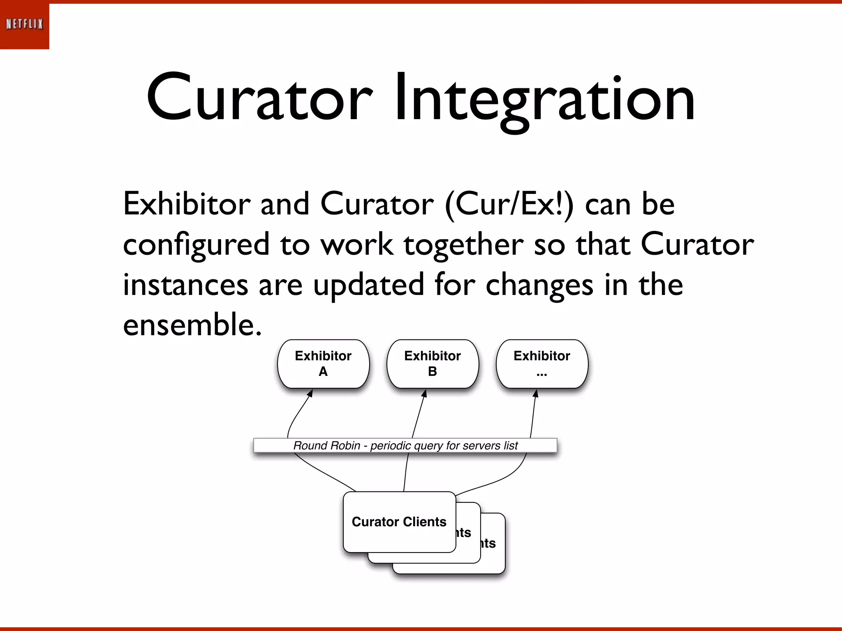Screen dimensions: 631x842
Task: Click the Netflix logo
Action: [24, 25]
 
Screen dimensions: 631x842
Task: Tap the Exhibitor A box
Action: [323, 364]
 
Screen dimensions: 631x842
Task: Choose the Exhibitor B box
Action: [433, 364]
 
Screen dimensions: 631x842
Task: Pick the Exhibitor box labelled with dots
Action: [542, 364]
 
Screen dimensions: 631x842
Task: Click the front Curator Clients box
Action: [399, 522]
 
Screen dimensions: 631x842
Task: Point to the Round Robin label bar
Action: [405, 445]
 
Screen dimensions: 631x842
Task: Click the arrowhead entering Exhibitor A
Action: [310, 393]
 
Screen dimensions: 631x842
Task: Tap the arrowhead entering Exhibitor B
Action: [425, 393]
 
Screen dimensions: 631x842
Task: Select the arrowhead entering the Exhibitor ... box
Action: [535, 393]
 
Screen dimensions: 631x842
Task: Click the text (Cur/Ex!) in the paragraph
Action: [509, 204]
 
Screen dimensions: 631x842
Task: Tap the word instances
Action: [185, 285]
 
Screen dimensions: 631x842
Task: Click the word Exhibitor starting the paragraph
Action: [187, 204]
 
